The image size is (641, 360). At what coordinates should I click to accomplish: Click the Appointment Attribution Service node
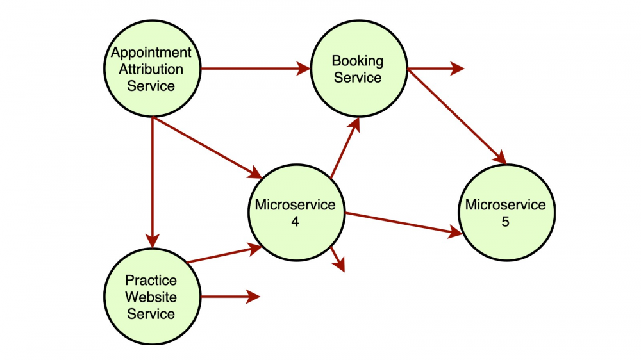click(x=152, y=69)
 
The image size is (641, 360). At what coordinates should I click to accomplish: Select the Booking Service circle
click(x=359, y=69)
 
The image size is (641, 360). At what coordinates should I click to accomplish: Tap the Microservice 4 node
click(x=297, y=213)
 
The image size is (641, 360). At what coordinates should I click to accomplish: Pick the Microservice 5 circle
click(x=506, y=213)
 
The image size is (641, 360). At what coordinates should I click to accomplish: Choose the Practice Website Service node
click(x=152, y=297)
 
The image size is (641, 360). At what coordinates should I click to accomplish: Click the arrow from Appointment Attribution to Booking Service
click(x=256, y=69)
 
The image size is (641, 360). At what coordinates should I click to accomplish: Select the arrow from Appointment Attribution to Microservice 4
click(x=207, y=148)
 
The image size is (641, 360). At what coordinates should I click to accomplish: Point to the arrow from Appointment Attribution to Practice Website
click(x=152, y=183)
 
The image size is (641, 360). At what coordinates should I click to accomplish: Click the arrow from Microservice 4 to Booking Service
click(x=345, y=147)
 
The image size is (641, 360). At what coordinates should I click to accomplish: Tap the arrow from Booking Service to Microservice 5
click(x=457, y=117)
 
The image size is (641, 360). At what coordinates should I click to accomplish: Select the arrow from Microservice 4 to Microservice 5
click(x=404, y=224)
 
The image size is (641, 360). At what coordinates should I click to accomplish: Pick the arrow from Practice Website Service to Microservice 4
click(x=224, y=254)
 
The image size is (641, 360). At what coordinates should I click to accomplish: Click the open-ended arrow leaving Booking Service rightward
click(x=436, y=69)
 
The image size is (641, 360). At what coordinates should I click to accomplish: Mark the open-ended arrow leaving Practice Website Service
click(x=230, y=297)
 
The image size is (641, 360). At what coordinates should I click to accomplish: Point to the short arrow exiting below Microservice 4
click(x=338, y=259)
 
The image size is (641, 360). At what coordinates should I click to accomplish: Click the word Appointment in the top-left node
click(x=151, y=53)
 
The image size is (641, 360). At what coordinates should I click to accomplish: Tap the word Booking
click(x=358, y=61)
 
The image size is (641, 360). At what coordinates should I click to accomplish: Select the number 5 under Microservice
click(x=506, y=222)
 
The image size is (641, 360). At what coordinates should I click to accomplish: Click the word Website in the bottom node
click(x=151, y=297)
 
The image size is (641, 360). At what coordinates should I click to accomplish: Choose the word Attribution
click(x=151, y=69)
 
